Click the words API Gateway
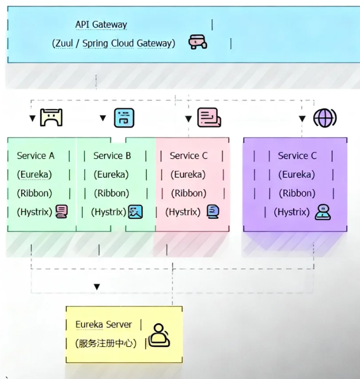point(101,24)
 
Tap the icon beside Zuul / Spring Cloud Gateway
point(197,42)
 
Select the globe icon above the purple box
point(324,118)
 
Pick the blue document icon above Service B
point(124,118)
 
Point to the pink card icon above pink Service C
point(209,118)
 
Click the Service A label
point(35,155)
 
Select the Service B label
point(112,155)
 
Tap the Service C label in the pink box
point(188,155)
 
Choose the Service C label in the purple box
point(297,155)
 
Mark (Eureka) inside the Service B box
point(111,174)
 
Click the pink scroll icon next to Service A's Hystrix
point(61,212)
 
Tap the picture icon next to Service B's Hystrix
point(135,212)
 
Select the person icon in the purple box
point(323,212)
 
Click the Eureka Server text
point(103,324)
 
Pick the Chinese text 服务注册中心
point(105,343)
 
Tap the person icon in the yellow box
point(159,335)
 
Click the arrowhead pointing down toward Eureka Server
point(97,287)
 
